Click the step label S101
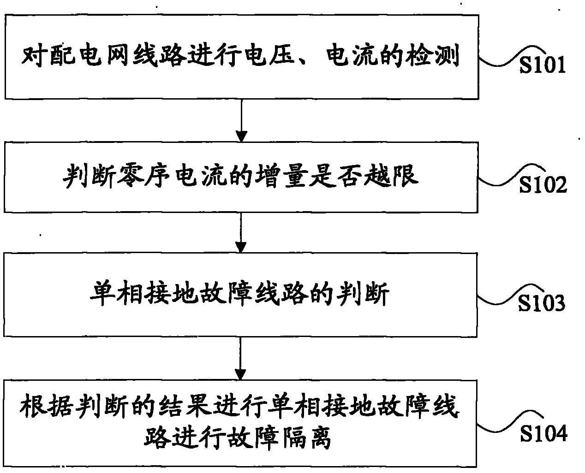click(x=542, y=65)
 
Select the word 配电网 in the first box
click(x=91, y=58)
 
